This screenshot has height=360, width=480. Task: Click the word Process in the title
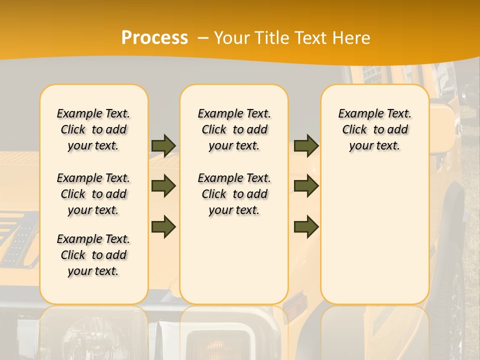click(154, 37)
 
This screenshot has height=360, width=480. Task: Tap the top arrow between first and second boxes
click(163, 145)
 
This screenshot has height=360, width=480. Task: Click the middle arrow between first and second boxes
click(163, 186)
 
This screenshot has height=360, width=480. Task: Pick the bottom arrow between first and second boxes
click(163, 227)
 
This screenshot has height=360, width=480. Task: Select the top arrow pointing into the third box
click(306, 145)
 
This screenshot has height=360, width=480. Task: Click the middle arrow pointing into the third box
click(306, 186)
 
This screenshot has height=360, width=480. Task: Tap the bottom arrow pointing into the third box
click(306, 227)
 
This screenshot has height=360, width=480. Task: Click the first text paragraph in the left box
click(93, 129)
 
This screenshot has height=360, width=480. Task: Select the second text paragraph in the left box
click(93, 194)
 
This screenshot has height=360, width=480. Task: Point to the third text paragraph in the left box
click(93, 255)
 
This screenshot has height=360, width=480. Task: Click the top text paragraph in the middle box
click(234, 129)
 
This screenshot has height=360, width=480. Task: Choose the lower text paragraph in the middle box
click(234, 194)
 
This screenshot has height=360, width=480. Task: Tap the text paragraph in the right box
click(374, 129)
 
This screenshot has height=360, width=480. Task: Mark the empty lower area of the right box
click(374, 230)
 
